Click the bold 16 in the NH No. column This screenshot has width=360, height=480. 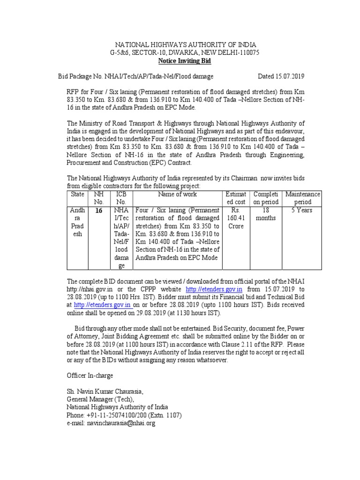(x=98, y=211)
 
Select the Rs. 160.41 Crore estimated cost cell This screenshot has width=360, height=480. (x=236, y=218)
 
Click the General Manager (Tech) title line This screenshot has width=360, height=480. (x=100, y=399)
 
